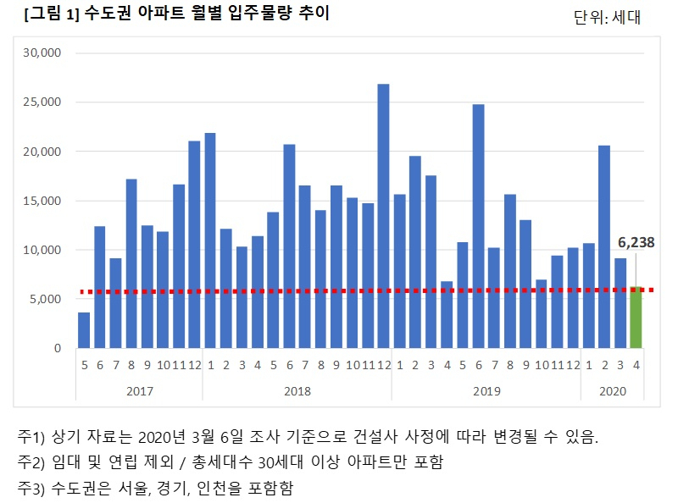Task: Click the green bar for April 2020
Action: (636, 318)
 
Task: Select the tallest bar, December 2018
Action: (384, 216)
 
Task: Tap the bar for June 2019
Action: (478, 226)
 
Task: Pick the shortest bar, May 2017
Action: (84, 330)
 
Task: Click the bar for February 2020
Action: (604, 246)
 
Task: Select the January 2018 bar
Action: (210, 240)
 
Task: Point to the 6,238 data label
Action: (636, 242)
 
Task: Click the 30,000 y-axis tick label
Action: (42, 53)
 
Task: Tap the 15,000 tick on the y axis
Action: (42, 201)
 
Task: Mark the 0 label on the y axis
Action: (58, 348)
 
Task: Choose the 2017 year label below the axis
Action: (140, 391)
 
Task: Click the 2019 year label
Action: (486, 391)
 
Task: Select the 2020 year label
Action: (612, 391)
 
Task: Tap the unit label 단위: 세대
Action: (607, 17)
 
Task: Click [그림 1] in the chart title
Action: (52, 14)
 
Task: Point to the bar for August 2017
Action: (131, 263)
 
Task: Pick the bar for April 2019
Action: (447, 315)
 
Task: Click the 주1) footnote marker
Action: (31, 436)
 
